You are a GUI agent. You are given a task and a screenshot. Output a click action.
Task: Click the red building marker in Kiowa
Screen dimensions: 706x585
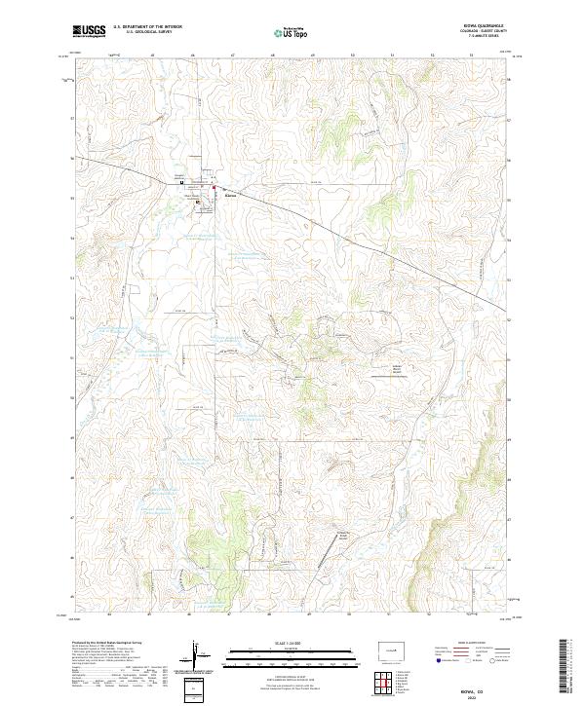point(214,186)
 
